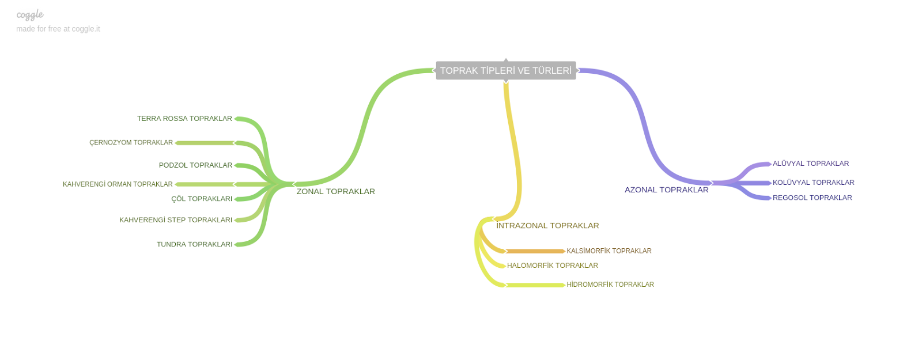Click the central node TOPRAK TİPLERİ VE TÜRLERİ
click(505, 70)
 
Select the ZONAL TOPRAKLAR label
click(335, 191)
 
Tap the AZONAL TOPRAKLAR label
click(666, 190)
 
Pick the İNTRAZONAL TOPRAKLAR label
click(547, 225)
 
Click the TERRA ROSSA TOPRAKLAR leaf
click(184, 119)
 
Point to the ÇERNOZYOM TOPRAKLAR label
click(131, 142)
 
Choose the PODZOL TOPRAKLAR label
click(195, 165)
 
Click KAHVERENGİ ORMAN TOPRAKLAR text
click(118, 184)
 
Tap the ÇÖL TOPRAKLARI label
click(202, 199)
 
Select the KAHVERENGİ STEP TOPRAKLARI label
click(176, 220)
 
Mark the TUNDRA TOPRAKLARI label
click(194, 244)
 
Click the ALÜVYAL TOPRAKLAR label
click(810, 164)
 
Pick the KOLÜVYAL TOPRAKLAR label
click(813, 183)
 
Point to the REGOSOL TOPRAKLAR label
click(812, 198)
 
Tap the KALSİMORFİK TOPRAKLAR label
click(609, 251)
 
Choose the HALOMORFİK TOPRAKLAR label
click(552, 266)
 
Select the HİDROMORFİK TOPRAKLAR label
click(610, 285)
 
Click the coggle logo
click(30, 15)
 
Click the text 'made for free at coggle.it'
click(58, 29)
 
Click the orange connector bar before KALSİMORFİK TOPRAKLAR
click(535, 251)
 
